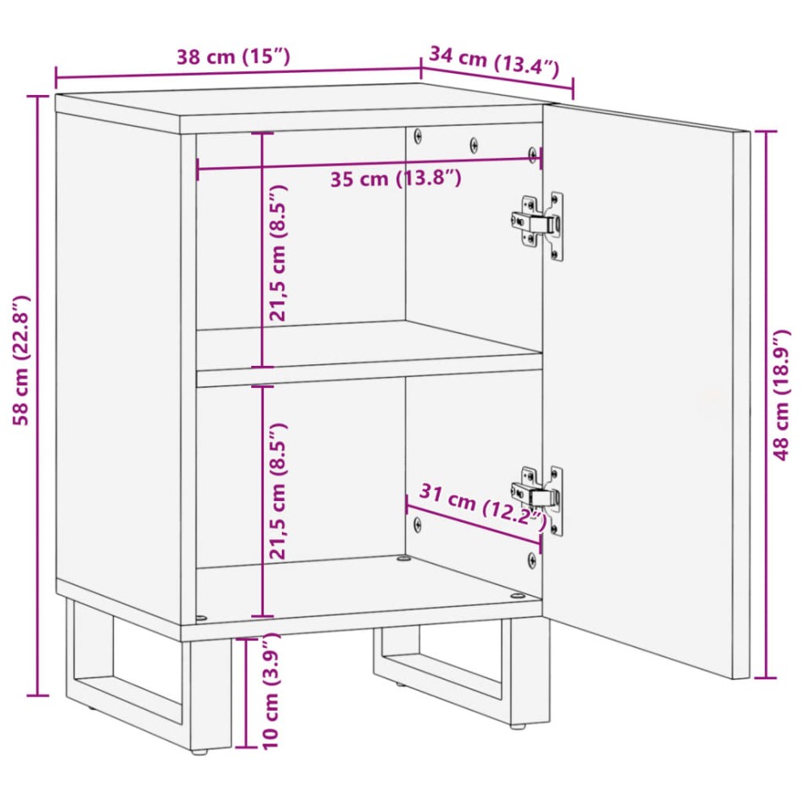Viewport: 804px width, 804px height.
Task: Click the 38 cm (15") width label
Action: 233,57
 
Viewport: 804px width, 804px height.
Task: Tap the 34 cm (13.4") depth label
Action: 494,63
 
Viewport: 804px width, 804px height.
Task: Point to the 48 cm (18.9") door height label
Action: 784,404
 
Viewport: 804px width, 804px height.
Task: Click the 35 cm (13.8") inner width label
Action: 395,179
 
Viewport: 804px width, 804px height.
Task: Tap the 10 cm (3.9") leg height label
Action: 271,694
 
